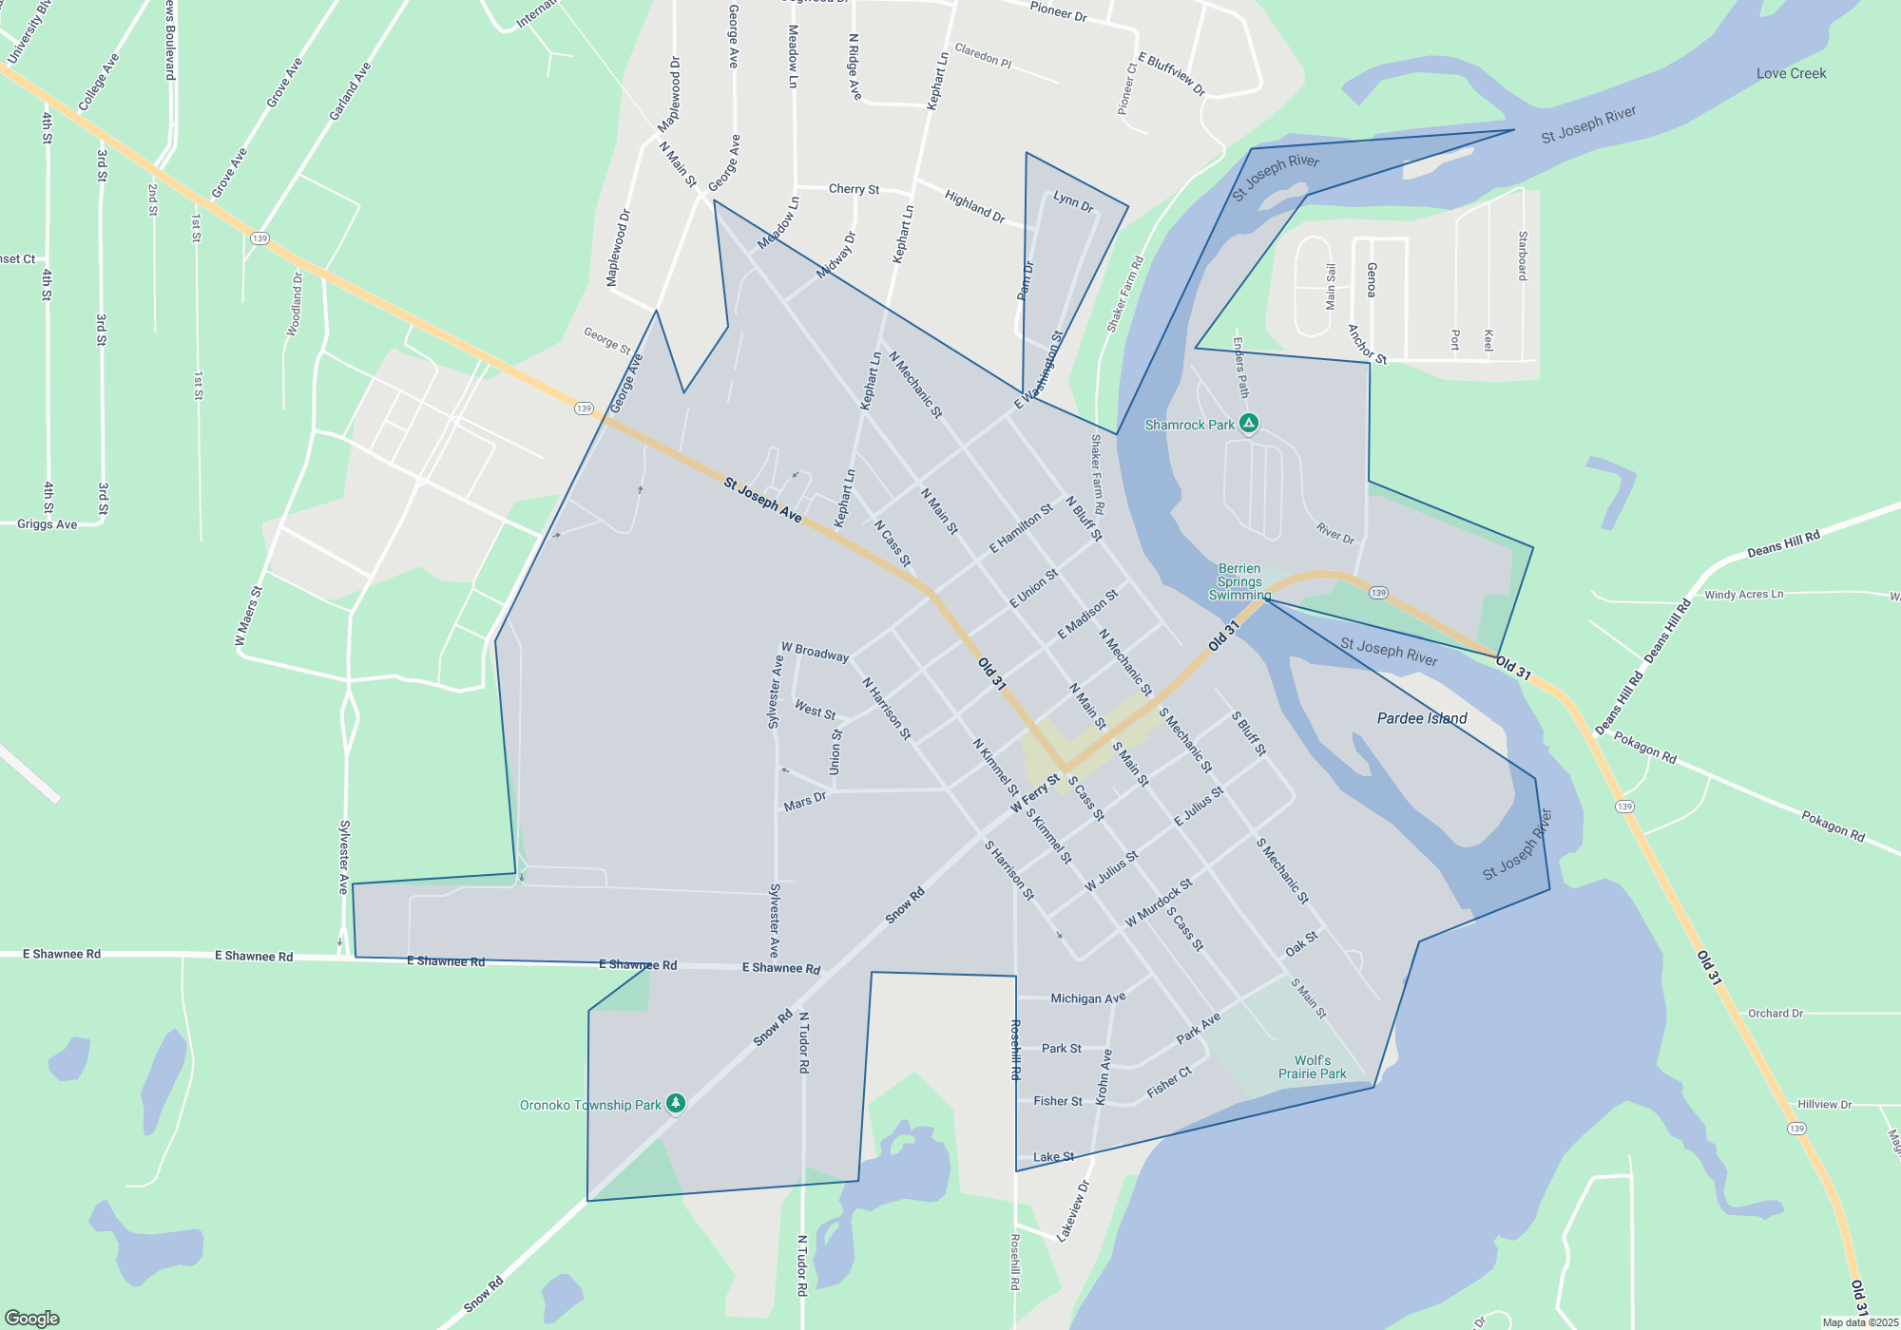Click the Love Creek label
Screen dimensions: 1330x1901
click(x=1791, y=73)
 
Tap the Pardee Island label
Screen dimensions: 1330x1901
click(x=1422, y=718)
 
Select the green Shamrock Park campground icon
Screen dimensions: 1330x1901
click(x=1249, y=423)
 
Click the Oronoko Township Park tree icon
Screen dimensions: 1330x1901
click(x=676, y=1104)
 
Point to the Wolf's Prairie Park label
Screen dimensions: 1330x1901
click(x=1312, y=1067)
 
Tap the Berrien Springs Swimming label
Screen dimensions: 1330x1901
click(x=1239, y=581)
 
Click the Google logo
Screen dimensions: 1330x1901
click(x=32, y=1319)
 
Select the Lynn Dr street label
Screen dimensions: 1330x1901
click(x=1073, y=201)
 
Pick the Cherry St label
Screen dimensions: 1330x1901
click(x=854, y=189)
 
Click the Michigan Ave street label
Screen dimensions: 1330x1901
click(x=1087, y=998)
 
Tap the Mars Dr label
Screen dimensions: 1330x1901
click(x=804, y=802)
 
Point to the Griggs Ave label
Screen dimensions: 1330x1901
click(x=48, y=524)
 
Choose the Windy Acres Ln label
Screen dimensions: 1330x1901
click(x=1743, y=595)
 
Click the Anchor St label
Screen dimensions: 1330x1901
click(x=1367, y=345)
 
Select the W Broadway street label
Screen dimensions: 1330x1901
click(x=815, y=652)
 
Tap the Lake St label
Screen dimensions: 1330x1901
click(x=1053, y=1157)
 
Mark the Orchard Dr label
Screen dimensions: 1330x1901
click(x=1775, y=1014)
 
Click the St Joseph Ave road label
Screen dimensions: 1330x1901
click(x=762, y=500)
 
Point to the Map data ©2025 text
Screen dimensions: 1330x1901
click(x=1860, y=1322)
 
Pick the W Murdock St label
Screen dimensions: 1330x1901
click(x=1159, y=903)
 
